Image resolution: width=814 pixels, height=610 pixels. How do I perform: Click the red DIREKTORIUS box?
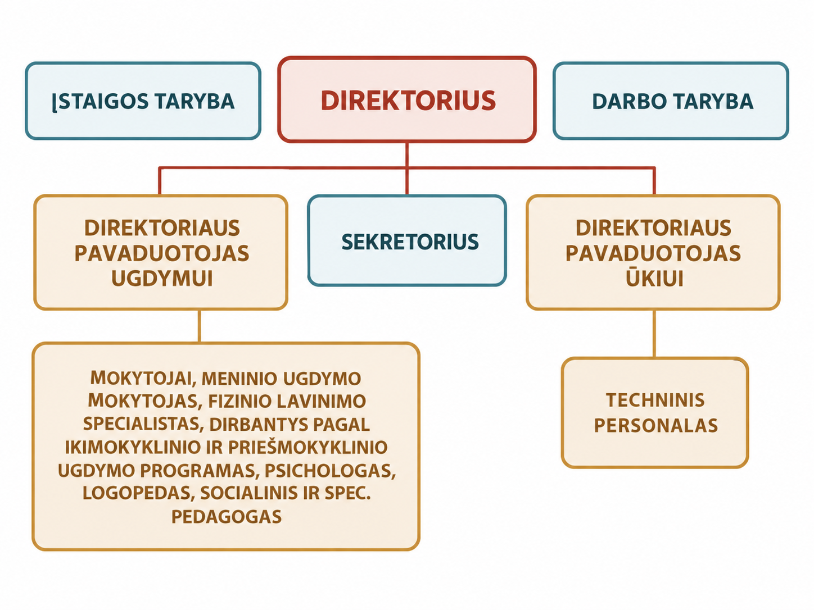(x=407, y=99)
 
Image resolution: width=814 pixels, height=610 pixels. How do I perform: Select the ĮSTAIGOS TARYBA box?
(x=143, y=101)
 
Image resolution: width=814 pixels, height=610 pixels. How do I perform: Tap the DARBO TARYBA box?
(x=671, y=101)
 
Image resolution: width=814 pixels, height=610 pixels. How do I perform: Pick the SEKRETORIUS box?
(x=407, y=241)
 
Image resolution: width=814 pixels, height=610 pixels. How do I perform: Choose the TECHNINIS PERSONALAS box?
(x=655, y=413)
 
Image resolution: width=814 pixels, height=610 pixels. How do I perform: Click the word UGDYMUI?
(x=162, y=279)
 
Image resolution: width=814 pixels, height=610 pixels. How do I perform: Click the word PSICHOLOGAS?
(x=330, y=471)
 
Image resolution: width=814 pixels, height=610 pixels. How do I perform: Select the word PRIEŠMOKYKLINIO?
(x=308, y=447)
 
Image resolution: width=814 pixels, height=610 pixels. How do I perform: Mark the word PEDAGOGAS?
(x=227, y=517)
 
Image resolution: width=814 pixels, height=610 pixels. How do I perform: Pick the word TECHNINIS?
(x=655, y=400)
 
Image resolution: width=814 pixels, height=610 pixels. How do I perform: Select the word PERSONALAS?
(x=656, y=426)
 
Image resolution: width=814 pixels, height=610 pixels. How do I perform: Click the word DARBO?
(x=629, y=101)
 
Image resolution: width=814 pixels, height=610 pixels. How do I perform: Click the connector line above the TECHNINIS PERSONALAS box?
(x=654, y=333)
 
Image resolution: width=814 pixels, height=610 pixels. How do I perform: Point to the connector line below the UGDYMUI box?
(x=200, y=326)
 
